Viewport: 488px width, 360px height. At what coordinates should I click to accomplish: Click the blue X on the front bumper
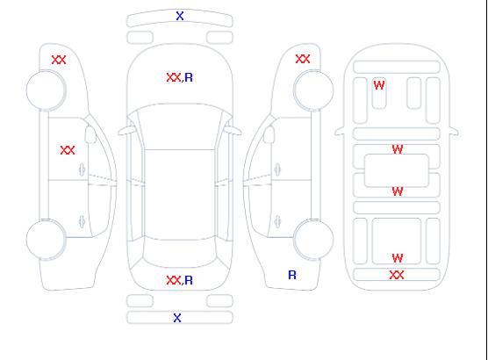[180, 16]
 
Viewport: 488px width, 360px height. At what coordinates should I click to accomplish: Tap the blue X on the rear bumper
[177, 318]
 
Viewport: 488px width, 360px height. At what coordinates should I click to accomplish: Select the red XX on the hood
[174, 77]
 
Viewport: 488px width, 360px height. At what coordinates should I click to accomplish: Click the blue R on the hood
[189, 77]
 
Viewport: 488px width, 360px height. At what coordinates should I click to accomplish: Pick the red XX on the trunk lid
[174, 280]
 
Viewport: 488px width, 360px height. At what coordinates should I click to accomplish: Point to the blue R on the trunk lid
[189, 280]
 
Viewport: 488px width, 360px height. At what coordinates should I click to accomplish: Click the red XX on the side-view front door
[68, 150]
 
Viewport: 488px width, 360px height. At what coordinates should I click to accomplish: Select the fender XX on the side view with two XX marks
[59, 60]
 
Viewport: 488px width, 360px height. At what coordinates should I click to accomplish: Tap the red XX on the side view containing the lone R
[303, 59]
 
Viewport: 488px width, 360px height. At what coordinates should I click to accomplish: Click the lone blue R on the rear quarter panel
[292, 275]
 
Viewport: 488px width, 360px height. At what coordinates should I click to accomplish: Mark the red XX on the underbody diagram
[397, 275]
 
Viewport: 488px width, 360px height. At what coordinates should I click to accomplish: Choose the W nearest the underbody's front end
[379, 85]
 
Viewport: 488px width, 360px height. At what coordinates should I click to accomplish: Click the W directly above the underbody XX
[398, 258]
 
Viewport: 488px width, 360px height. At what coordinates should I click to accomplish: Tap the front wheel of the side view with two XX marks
[46, 90]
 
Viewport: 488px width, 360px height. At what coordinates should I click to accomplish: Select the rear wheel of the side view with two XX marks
[46, 240]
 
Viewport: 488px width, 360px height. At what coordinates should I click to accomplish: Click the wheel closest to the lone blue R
[313, 239]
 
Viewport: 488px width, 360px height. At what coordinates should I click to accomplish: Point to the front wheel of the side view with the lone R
[313, 90]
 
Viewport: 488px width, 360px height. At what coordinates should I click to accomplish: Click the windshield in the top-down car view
[180, 126]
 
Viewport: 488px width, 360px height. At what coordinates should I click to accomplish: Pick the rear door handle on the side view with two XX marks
[82, 221]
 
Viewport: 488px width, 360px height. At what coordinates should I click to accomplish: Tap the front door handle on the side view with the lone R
[277, 169]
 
